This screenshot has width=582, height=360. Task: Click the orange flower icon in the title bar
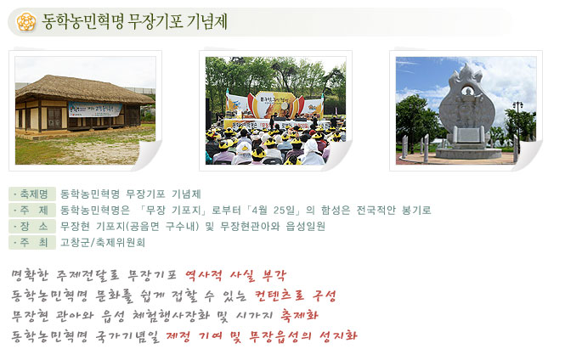click(x=26, y=21)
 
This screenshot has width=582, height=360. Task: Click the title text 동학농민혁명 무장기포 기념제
click(x=135, y=21)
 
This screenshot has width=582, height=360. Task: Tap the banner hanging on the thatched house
click(x=95, y=110)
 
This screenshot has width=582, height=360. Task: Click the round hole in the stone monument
click(x=468, y=91)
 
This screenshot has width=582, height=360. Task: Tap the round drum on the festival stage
click(x=285, y=106)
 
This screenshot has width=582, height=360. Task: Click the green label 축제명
click(x=32, y=194)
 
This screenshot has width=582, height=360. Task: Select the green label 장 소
click(x=32, y=226)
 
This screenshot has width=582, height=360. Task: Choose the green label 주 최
click(x=32, y=243)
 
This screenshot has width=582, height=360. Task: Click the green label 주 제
click(x=32, y=211)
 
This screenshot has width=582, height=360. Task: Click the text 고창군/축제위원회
click(x=103, y=243)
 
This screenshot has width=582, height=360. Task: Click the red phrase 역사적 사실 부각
click(x=235, y=275)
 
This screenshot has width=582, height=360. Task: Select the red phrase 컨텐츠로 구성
click(x=296, y=295)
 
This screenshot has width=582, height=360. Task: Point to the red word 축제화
click(x=299, y=315)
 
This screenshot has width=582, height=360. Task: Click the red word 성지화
click(x=338, y=335)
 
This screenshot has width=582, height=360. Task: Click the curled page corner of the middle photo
click(x=338, y=155)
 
